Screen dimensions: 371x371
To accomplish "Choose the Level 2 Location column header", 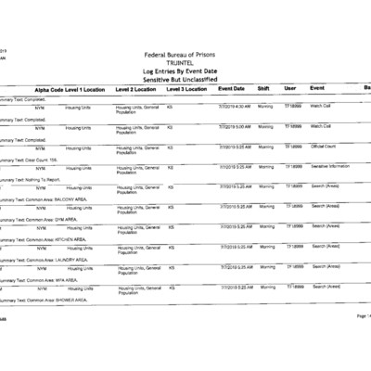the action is coord(137,89).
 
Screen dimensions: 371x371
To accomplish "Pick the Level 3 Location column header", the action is coord(187,89).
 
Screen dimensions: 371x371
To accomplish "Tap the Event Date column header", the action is coord(232,89).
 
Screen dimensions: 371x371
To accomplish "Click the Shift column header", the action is coord(263,89).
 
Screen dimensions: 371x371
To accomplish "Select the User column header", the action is coord(290,89).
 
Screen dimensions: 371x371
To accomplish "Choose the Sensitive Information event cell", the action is coord(330,167).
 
